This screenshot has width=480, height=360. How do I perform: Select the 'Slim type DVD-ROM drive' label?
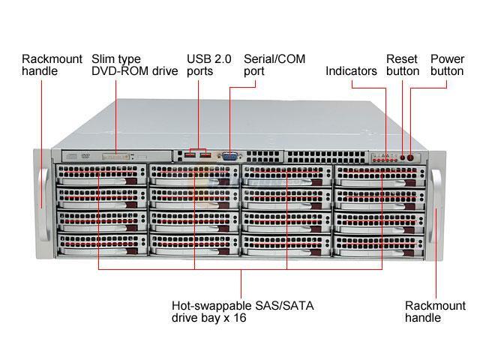134,64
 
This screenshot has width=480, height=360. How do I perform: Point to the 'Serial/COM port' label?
274,64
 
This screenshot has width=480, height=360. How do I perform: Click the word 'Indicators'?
351,71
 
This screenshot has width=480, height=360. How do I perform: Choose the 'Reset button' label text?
403,64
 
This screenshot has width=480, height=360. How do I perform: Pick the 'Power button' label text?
447,64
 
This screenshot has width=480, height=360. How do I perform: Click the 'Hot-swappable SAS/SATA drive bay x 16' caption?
242,311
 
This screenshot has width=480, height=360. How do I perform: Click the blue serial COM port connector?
229,157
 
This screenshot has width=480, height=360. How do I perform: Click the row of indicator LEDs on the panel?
385,158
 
